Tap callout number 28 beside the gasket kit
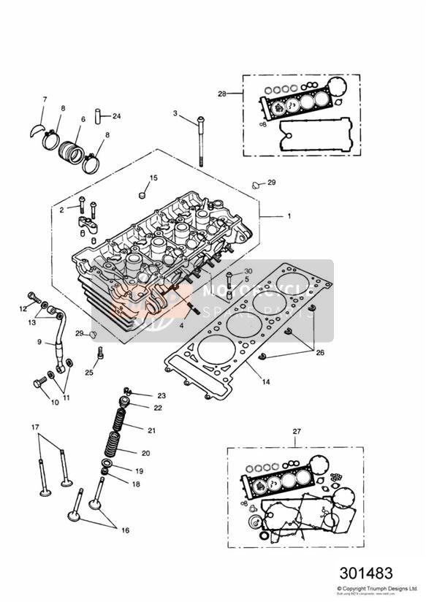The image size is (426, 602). pyautogui.click(x=223, y=94)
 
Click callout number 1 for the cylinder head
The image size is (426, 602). pyautogui.click(x=289, y=216)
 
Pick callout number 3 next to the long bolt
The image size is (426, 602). pyautogui.click(x=175, y=113)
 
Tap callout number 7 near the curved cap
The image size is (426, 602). pyautogui.click(x=44, y=99)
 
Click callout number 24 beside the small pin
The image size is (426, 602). pyautogui.click(x=117, y=115)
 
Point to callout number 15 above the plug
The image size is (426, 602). pyautogui.click(x=153, y=178)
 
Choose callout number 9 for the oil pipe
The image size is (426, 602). pyautogui.click(x=39, y=340)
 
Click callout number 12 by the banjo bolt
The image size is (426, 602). pyautogui.click(x=22, y=308)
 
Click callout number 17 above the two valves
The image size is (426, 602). pyautogui.click(x=35, y=426)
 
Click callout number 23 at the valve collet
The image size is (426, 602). pyautogui.click(x=161, y=395)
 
